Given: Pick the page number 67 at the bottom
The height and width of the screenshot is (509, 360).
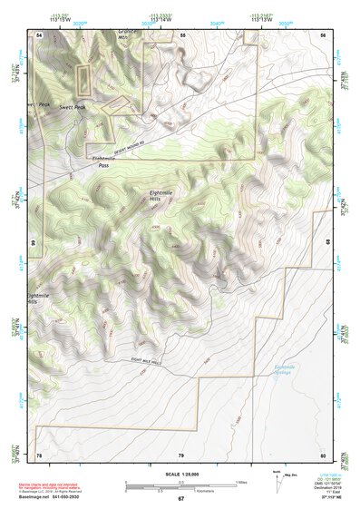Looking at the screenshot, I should click(x=180, y=499).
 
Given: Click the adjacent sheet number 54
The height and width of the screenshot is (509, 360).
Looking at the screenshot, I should click(x=39, y=34).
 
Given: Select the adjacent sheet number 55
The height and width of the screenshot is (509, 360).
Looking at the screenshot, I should click(x=181, y=34).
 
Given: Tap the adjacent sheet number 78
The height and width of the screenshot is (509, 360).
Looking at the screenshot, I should click(x=39, y=454).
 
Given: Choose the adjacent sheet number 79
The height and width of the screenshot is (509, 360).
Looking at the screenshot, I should click(x=181, y=454).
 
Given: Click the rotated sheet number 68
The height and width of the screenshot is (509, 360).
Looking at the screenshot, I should click(x=326, y=242).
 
